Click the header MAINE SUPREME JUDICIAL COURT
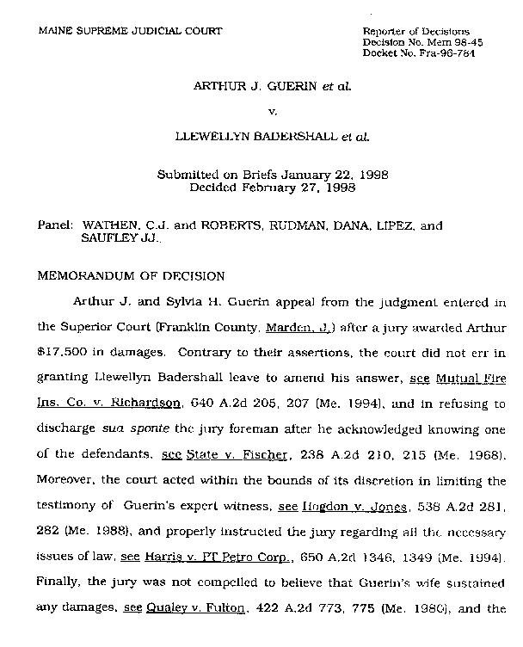pos(130,31)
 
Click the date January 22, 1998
pos(337,174)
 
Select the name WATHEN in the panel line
pos(111,227)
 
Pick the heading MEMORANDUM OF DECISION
pos(132,277)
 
